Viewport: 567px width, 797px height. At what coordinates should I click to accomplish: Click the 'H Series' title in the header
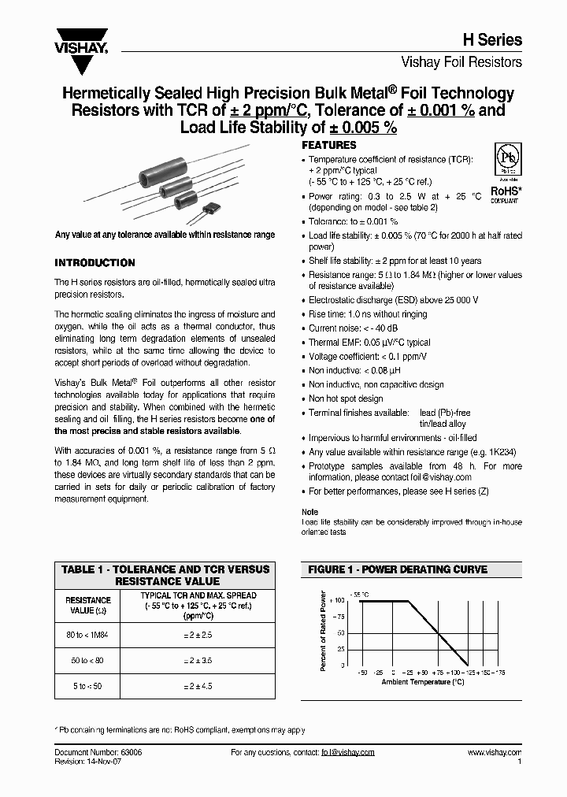tap(495, 40)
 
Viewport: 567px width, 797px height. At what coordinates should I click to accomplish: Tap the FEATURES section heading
tap(329, 146)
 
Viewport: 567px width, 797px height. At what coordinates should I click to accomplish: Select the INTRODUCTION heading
tap(94, 263)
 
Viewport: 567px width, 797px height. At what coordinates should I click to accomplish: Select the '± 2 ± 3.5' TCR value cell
tap(198, 661)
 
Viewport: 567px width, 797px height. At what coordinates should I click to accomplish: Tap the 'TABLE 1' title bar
tap(165, 574)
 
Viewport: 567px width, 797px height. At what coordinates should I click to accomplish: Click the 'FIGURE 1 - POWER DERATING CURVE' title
tap(396, 569)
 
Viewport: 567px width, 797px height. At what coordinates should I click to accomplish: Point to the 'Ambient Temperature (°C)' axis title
tap(422, 683)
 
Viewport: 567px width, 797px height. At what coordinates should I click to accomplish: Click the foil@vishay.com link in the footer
tap(348, 753)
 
